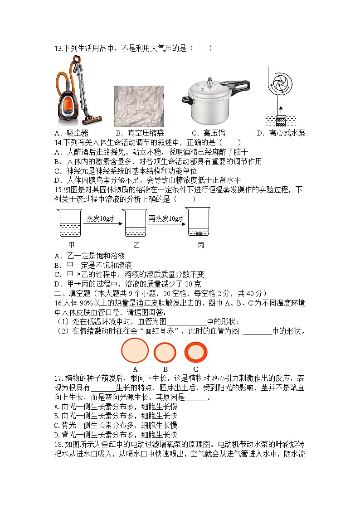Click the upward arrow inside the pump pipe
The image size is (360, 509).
[x=280, y=109]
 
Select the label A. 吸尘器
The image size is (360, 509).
[x=71, y=133]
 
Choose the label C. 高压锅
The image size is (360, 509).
[x=208, y=133]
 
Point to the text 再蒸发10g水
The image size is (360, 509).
[x=166, y=218]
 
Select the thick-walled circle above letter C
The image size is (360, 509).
[x=195, y=352]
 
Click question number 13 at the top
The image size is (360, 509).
[x=58, y=48]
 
